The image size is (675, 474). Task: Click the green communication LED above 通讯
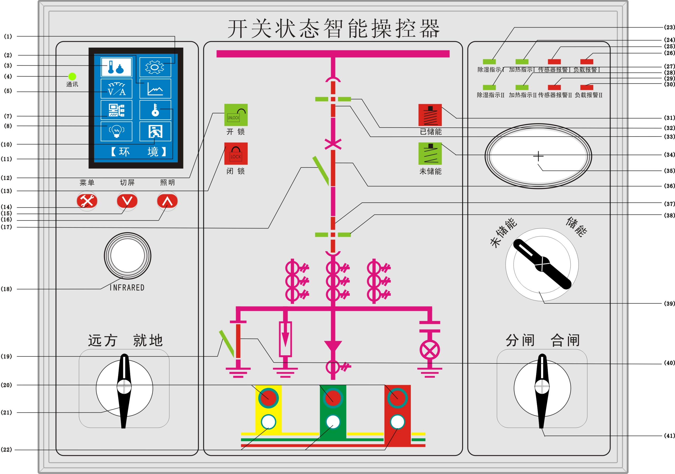(x=72, y=77)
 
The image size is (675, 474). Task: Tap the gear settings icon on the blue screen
(x=155, y=67)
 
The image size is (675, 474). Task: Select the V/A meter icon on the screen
(x=117, y=89)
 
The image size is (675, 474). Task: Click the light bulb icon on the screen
(x=117, y=131)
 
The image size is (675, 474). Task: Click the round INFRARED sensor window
(x=128, y=256)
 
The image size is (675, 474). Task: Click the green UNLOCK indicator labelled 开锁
(x=236, y=115)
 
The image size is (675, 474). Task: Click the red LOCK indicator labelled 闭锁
(x=236, y=154)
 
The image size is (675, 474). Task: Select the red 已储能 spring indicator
(x=430, y=115)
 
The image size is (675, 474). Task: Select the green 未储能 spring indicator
(x=430, y=154)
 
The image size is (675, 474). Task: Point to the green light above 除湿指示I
(x=489, y=62)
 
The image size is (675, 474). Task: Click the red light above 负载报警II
(x=586, y=87)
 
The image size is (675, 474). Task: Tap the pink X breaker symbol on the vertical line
(x=333, y=144)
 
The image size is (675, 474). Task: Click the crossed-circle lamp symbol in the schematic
(x=430, y=350)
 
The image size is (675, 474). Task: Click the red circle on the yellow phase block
(x=268, y=398)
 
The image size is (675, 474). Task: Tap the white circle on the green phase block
(x=333, y=422)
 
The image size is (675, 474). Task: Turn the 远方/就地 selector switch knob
(x=124, y=388)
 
